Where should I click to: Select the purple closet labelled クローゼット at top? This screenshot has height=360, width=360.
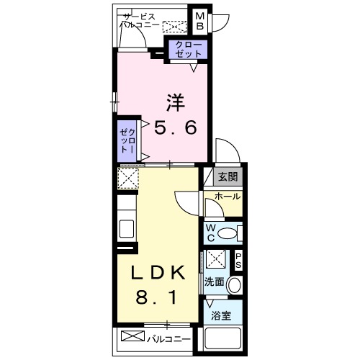pos(187,50)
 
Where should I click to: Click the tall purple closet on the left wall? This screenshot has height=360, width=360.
pos(127,140)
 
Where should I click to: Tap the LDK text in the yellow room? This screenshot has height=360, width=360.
pos(157,273)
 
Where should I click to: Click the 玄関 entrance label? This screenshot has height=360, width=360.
pos(227,177)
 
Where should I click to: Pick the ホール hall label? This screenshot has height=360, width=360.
pos(227,196)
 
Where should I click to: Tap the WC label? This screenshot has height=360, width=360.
pos(210,233)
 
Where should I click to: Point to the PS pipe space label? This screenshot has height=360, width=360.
pos(237,260)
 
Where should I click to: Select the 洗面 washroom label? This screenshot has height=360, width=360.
pos(214,282)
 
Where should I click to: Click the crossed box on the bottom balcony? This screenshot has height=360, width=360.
pos(133,336)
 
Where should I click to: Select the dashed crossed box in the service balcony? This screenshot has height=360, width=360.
pos(174,27)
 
